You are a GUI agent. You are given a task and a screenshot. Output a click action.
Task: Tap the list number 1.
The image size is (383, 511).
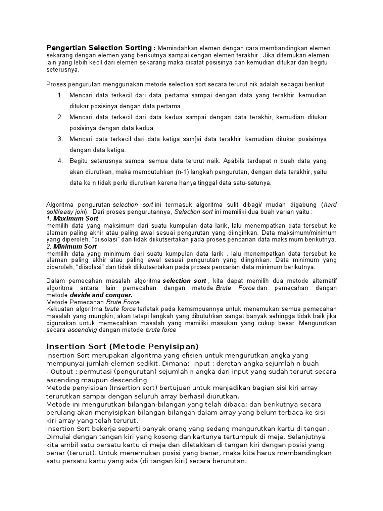pos(60,95)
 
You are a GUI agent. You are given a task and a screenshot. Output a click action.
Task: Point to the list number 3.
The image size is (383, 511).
pos(60,139)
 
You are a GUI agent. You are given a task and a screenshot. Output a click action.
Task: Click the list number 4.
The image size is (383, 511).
pos(60,161)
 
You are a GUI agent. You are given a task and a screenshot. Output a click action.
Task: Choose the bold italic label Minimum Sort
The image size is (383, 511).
pos(75,247)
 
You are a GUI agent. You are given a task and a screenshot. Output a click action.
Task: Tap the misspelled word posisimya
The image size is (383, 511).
pos(312,139)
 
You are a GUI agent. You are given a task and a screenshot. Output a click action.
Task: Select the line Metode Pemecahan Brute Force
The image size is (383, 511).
pos(93,302)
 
